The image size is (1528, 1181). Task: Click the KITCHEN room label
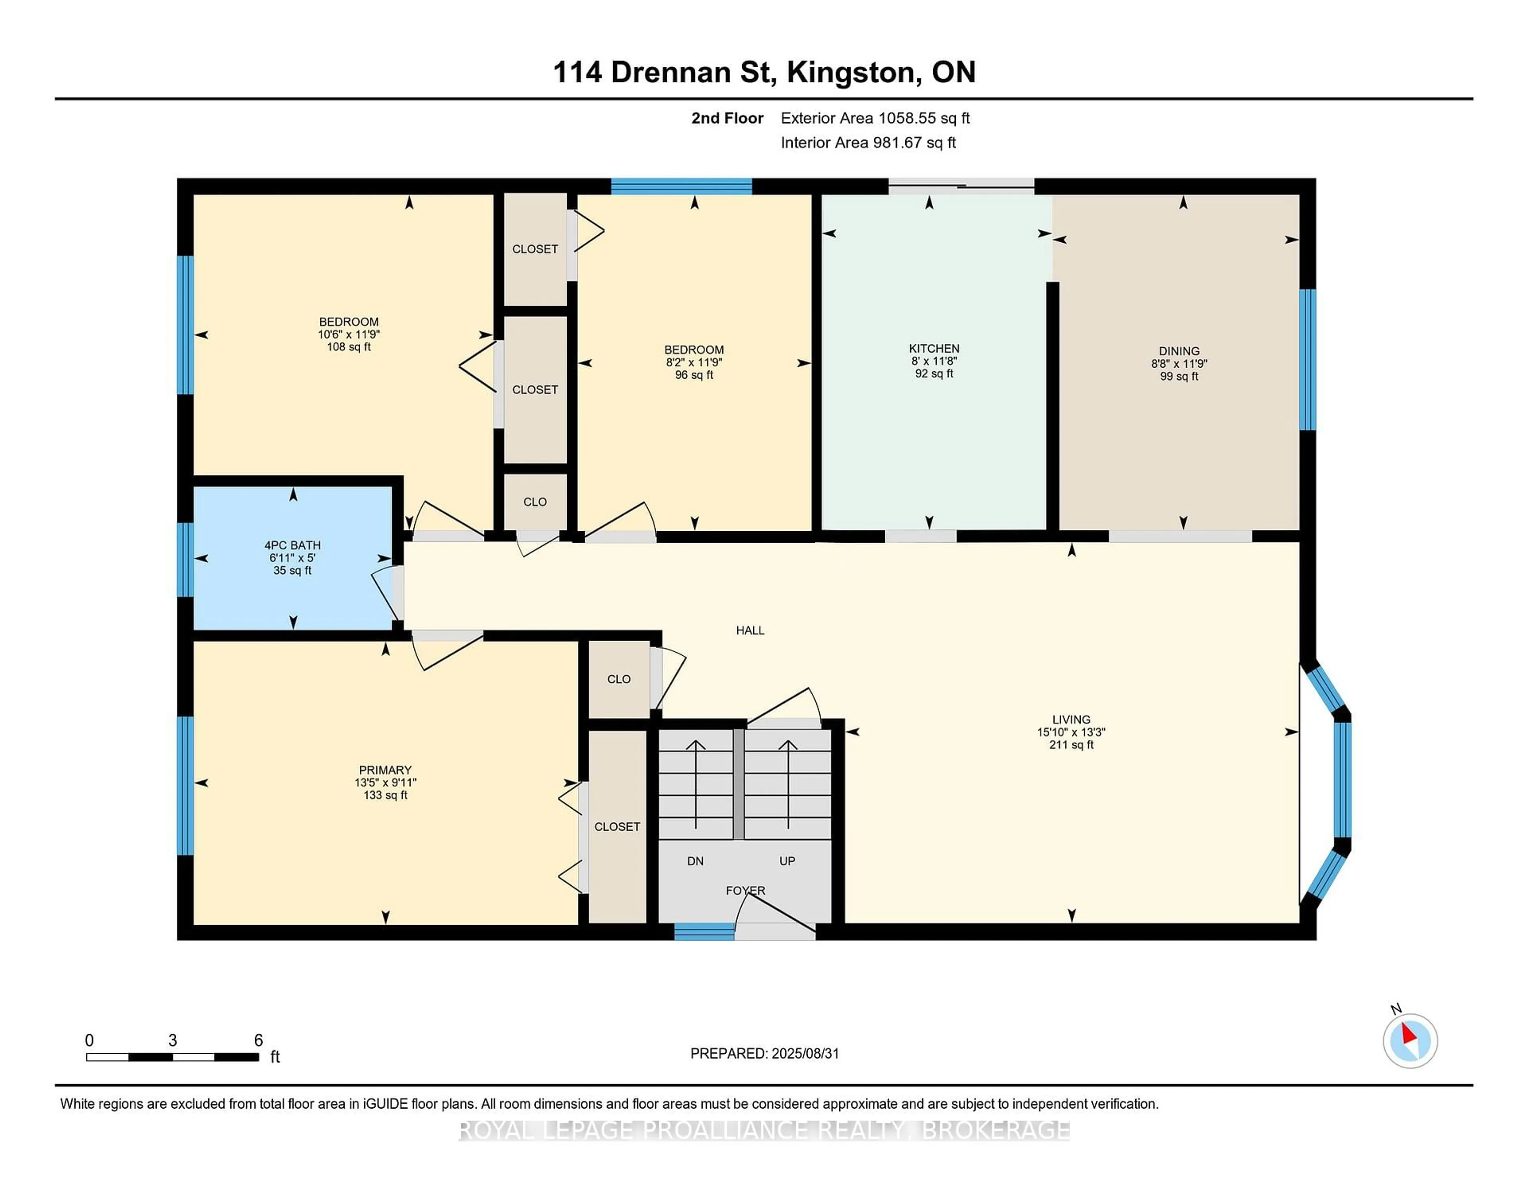[x=934, y=349]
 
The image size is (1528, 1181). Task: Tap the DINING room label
[x=1179, y=351]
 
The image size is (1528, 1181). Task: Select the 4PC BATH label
[x=292, y=545]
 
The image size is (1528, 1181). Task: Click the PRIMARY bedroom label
[x=385, y=770]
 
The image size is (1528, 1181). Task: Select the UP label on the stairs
[x=787, y=861]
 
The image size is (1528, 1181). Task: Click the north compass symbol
[x=1410, y=1041]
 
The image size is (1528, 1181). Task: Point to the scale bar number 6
[x=258, y=1041]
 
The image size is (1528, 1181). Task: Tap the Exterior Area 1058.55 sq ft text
[x=875, y=118]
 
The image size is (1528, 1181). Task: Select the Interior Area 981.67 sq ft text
[x=868, y=143]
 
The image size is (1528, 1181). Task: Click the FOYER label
[x=745, y=891]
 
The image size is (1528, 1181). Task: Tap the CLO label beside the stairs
[x=618, y=679]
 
